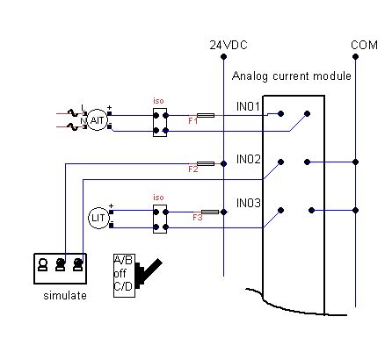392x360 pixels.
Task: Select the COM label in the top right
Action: click(x=363, y=44)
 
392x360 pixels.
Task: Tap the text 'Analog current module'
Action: click(x=291, y=76)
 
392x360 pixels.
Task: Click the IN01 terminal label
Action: click(x=249, y=107)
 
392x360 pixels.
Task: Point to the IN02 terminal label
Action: click(x=249, y=159)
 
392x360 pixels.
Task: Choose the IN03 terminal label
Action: click(x=249, y=203)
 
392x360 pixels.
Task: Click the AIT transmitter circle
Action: click(x=97, y=121)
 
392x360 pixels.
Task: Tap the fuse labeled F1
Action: click(x=204, y=115)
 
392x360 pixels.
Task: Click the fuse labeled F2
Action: click(x=204, y=163)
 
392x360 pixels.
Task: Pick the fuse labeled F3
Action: click(x=209, y=212)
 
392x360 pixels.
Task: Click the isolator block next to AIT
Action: click(x=159, y=122)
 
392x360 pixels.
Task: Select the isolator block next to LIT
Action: click(x=159, y=219)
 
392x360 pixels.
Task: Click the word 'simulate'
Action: click(x=65, y=296)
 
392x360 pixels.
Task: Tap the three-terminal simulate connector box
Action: click(x=61, y=267)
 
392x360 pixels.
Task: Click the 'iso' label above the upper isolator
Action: click(x=159, y=100)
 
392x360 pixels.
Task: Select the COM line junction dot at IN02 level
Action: click(x=356, y=162)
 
